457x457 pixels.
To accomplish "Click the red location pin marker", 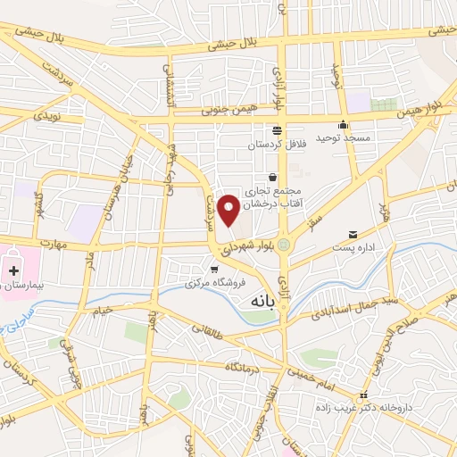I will pos(228,209).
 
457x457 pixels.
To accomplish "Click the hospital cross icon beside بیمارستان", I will pos(15,270).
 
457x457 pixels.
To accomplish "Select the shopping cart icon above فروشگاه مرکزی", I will pos(213,268).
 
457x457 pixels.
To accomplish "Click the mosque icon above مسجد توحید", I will pos(343,125).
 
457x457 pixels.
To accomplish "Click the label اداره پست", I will pos(353,247).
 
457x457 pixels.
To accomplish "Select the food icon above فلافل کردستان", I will pos(277,129).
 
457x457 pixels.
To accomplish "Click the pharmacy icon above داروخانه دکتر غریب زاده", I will pos(362,395).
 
